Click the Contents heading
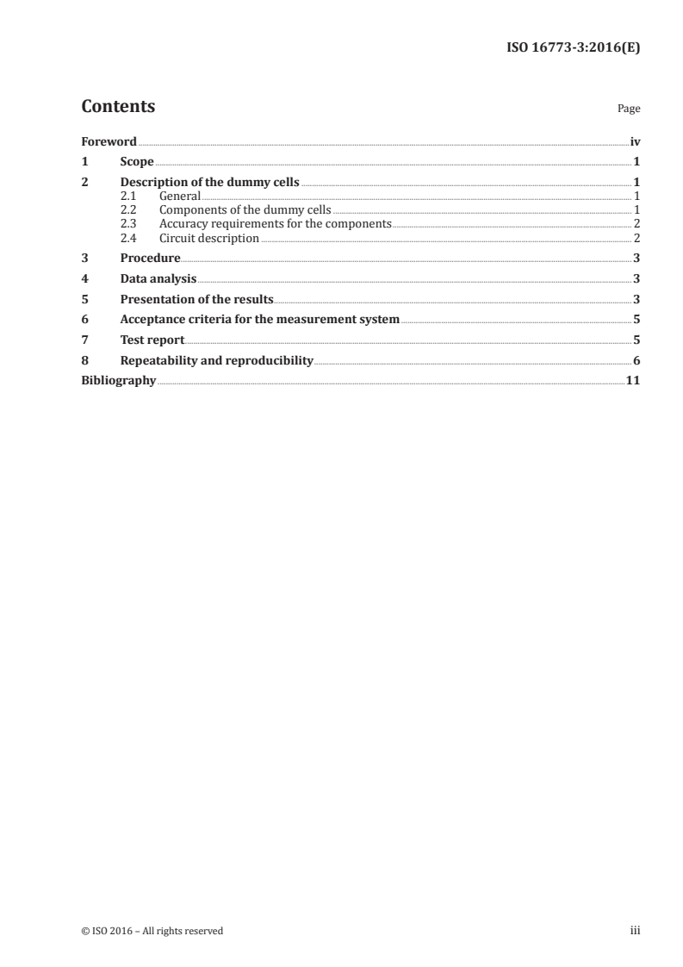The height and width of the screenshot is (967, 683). pos(118,107)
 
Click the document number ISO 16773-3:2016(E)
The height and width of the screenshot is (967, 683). pos(571,48)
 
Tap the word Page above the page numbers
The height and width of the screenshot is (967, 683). pos(629,109)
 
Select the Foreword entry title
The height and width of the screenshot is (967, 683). pos(109,141)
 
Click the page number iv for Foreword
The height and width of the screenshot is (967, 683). pos(635,141)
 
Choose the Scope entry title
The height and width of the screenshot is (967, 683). pos(137,162)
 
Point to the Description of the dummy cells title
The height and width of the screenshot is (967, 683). pos(209,183)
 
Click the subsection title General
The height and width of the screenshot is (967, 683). pos(180,197)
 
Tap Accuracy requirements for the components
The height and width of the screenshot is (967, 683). pos(275,224)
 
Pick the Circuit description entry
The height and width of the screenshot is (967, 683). pos(209,238)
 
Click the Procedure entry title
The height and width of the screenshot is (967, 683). pos(150,259)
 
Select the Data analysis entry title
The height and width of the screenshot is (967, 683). pos(158,279)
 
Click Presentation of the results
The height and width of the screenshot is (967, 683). pos(196,300)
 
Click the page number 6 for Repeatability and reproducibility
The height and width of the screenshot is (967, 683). pos(636,361)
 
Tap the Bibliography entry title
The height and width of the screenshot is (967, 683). pos(118,381)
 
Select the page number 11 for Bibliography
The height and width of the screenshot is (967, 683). pos(633,381)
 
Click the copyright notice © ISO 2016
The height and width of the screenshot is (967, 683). pos(152,931)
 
